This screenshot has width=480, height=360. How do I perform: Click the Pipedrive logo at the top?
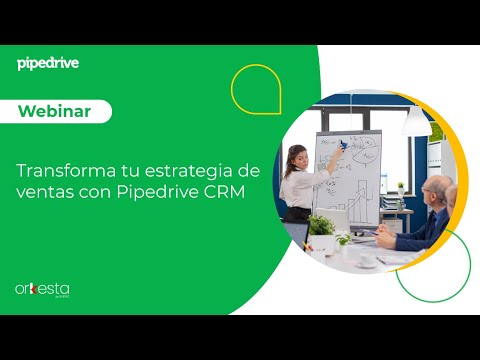coord(48,63)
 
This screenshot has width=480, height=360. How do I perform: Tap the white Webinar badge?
coord(61,112)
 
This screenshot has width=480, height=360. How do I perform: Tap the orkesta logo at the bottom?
coord(42,289)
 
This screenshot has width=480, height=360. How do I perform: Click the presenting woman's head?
coord(297,157)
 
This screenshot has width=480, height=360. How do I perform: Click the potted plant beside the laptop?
coord(321,228)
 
